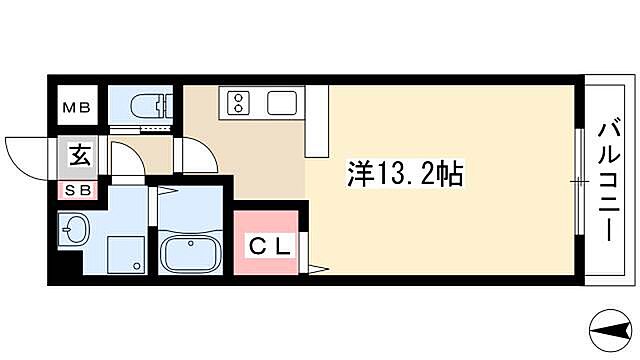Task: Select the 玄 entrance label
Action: coord(77,156)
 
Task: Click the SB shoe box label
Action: coord(77,190)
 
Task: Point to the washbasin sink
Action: coord(72,232)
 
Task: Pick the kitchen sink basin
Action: coord(281,102)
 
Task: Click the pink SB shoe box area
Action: coord(77,190)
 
